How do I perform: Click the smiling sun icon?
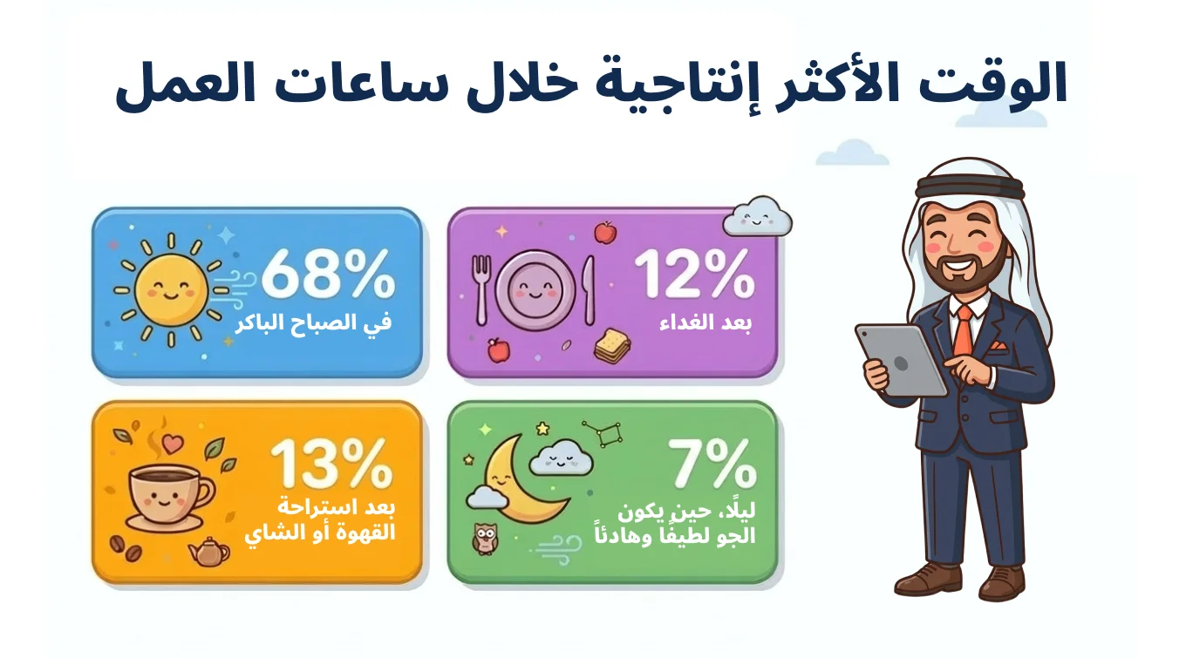(x=171, y=290)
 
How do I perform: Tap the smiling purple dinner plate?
(x=535, y=290)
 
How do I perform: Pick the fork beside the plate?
(x=481, y=290)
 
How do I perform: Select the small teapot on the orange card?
(x=209, y=552)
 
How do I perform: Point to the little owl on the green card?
(x=484, y=539)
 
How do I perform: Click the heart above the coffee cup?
(x=172, y=444)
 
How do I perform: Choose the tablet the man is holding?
(x=901, y=360)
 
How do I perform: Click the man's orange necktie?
(x=964, y=330)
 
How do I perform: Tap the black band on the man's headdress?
(x=970, y=187)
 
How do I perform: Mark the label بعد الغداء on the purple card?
(x=705, y=322)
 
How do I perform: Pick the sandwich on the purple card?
(x=612, y=345)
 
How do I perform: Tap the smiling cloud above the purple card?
(x=757, y=216)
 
